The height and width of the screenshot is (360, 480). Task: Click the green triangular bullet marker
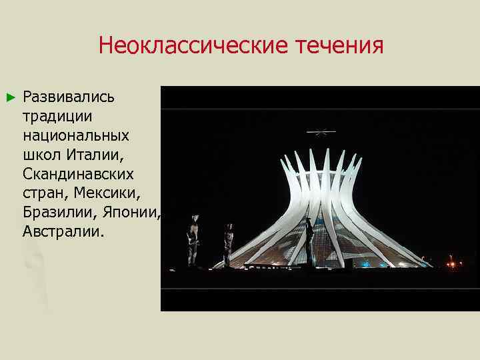9,97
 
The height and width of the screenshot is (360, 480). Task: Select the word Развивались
69,97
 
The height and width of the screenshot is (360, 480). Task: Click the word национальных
76,135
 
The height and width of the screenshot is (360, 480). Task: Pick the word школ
42,155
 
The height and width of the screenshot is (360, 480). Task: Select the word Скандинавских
78,174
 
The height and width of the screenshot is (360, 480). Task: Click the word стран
45,193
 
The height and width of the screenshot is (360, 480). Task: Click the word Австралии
63,232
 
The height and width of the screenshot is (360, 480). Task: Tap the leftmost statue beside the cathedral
193,240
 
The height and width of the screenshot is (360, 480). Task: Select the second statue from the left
229,243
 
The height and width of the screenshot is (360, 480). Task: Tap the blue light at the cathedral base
365,264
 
